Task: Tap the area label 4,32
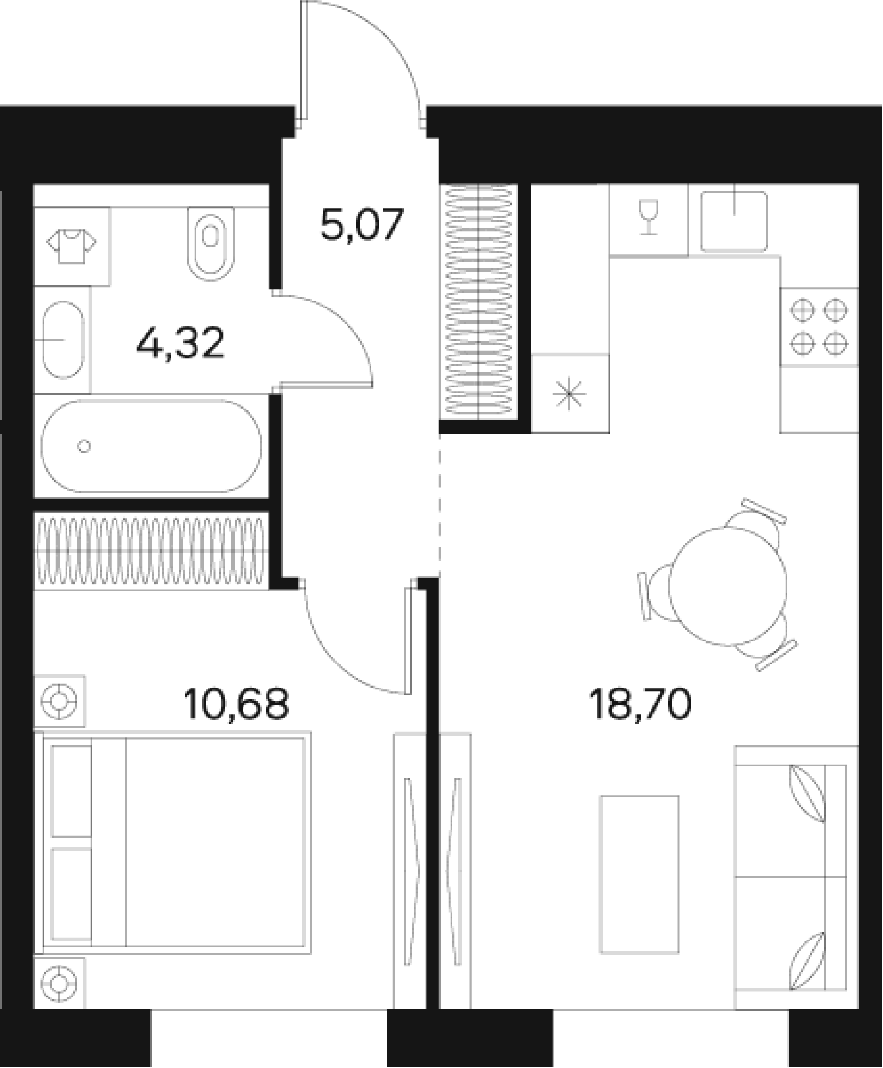tap(181, 343)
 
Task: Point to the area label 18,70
tap(640, 704)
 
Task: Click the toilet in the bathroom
tap(211, 243)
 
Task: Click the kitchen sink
tap(734, 221)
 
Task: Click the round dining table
tap(727, 586)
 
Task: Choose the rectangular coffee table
tap(639, 875)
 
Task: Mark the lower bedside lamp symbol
tap(59, 983)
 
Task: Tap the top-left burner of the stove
tap(803, 310)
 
